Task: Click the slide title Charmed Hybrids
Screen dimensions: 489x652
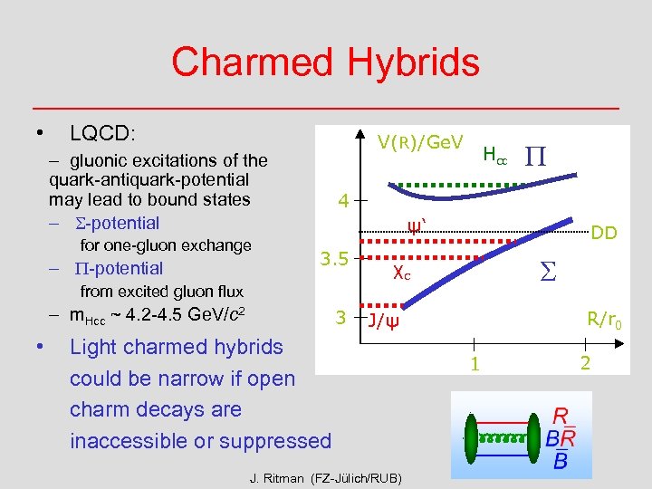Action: pos(325,62)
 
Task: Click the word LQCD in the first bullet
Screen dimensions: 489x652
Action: pos(102,133)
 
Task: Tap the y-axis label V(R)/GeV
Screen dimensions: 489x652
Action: pos(420,142)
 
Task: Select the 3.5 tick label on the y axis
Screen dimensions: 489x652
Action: pos(334,260)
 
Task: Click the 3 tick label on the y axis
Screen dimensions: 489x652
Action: pos(340,317)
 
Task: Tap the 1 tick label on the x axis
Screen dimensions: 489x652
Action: pos(471,364)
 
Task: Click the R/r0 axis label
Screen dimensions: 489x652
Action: pos(604,319)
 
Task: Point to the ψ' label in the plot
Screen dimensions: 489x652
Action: pos(415,225)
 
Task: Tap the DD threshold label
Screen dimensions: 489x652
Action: pos(604,234)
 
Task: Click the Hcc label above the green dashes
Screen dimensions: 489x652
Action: pos(494,156)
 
